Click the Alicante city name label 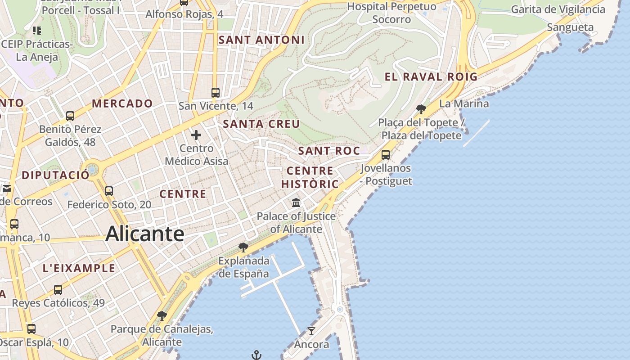point(145,234)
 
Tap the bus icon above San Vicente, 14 point(216,93)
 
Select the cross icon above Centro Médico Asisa point(196,135)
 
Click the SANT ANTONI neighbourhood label point(261,40)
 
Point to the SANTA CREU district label point(261,124)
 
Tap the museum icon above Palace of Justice point(296,203)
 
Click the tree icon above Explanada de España point(243,247)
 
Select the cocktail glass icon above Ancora point(311,331)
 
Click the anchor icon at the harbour point(256,355)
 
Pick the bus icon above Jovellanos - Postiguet point(386,155)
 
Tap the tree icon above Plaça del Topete point(421,109)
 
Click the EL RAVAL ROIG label point(431,77)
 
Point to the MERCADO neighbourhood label point(122,103)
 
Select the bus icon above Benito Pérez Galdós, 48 point(70,116)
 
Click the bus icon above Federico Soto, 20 point(109,191)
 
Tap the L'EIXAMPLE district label point(79,269)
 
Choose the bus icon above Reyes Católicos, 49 point(58,290)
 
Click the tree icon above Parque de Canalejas point(162,316)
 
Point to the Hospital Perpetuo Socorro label point(392,13)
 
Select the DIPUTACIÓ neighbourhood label point(56,175)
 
